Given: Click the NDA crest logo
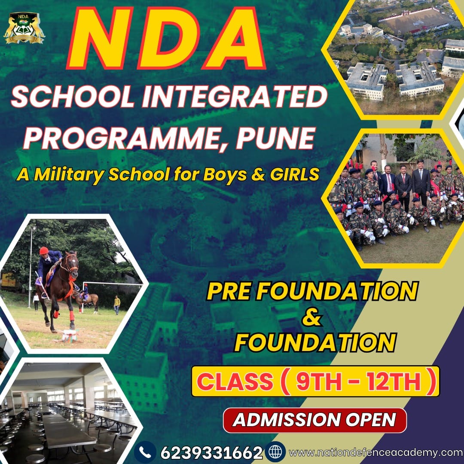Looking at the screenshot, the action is coord(24,28).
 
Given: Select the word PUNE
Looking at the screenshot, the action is coord(275,138).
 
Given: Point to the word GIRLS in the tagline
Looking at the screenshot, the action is coord(294,174).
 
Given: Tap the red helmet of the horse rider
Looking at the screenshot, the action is coord(44,250).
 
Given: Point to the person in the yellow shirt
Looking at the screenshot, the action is coord(117,305).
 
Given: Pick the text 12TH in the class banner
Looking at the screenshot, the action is coord(394,382).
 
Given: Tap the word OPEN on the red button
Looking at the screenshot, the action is coord(371,420).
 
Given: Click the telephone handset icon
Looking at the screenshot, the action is coord(145,452).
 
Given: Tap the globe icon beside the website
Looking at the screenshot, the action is coord(275,452).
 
